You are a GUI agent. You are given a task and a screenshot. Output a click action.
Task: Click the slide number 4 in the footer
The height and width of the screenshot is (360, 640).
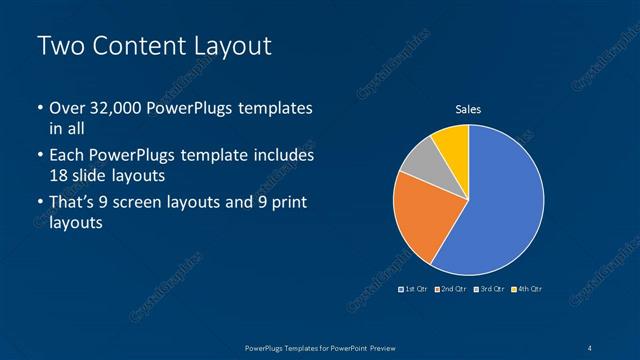(590, 347)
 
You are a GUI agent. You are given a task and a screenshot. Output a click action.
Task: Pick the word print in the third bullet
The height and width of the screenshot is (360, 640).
(286, 203)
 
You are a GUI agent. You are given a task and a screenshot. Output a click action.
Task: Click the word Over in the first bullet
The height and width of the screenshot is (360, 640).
(67, 108)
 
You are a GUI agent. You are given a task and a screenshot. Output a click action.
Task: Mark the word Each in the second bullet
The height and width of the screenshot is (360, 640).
(67, 156)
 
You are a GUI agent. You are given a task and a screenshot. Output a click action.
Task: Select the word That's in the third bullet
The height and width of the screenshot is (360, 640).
(75, 203)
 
